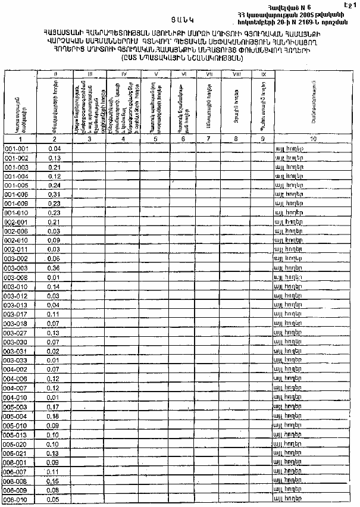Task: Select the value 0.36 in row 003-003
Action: click(x=55, y=268)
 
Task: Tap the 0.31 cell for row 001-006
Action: click(x=55, y=194)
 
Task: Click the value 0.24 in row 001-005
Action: click(x=55, y=185)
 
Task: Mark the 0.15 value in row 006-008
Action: click(x=55, y=481)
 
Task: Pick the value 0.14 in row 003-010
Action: click(x=55, y=286)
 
